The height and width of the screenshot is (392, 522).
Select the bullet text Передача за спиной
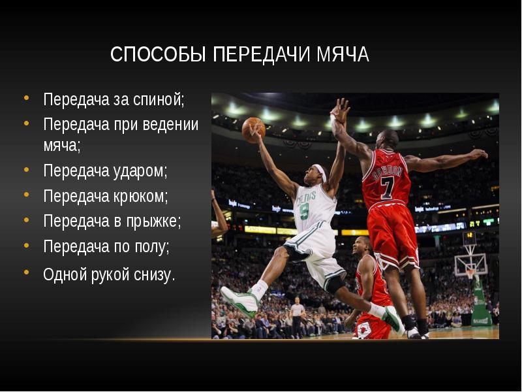click(114, 100)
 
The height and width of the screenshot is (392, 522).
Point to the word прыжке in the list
click(155, 221)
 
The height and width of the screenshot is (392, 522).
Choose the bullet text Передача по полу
click(106, 246)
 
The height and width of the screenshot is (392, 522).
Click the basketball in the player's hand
click(253, 129)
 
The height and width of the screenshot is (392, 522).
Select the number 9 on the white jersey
click(304, 210)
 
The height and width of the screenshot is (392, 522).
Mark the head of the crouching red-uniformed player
click(362, 247)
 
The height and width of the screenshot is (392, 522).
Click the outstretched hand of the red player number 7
click(478, 155)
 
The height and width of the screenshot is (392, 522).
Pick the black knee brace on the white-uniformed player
click(335, 284)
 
